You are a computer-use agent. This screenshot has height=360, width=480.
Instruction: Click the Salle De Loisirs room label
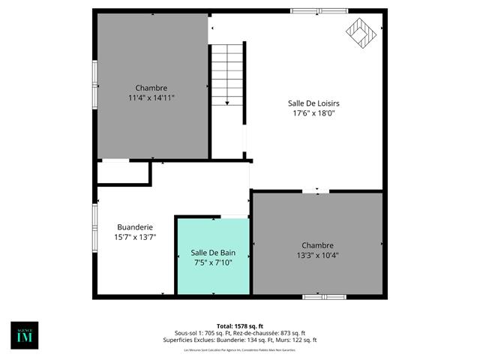coord(313,103)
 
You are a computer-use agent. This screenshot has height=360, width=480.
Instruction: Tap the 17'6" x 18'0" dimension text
coord(313,114)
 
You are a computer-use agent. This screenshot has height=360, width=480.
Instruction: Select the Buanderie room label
coord(135,226)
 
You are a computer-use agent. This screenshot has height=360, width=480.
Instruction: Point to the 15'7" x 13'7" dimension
coord(135,237)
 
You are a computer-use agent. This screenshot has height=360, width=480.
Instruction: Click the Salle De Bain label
coord(212,253)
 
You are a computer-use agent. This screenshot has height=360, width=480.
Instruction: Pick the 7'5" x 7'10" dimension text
coord(212,262)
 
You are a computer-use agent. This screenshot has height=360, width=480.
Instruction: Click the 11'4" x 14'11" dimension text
coord(151,97)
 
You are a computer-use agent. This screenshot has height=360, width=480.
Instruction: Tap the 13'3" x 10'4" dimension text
coord(317,255)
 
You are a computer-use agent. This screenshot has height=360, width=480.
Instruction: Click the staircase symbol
coord(227,75)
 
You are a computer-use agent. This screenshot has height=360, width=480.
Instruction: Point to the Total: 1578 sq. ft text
coord(239,325)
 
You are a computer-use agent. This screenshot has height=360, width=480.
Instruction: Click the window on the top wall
coord(319,10)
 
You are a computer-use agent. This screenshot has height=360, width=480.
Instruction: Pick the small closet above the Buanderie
coord(124,173)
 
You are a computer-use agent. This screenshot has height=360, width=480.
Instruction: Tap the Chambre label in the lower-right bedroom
coord(317,245)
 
